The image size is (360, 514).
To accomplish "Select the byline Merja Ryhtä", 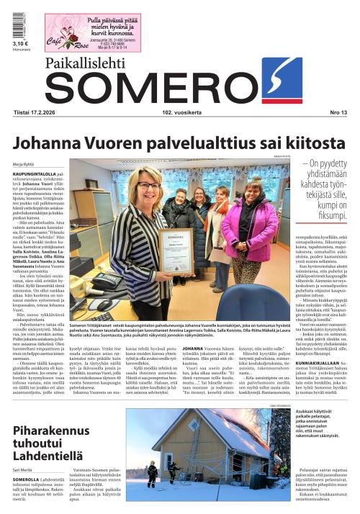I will pyautogui.click(x=23, y=163).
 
